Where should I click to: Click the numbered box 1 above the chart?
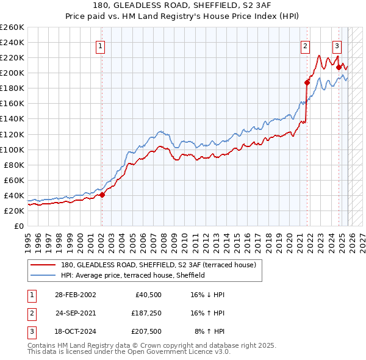(x=99, y=45)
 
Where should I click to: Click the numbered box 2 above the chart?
(x=304, y=45)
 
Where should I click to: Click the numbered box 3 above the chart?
(x=336, y=45)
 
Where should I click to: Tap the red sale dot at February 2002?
(x=102, y=195)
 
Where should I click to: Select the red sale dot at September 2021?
(x=307, y=82)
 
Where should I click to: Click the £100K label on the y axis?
(x=12, y=149)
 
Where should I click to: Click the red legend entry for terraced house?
(x=162, y=265)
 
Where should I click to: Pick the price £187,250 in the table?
(x=146, y=313)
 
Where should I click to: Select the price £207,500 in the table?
(x=146, y=332)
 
